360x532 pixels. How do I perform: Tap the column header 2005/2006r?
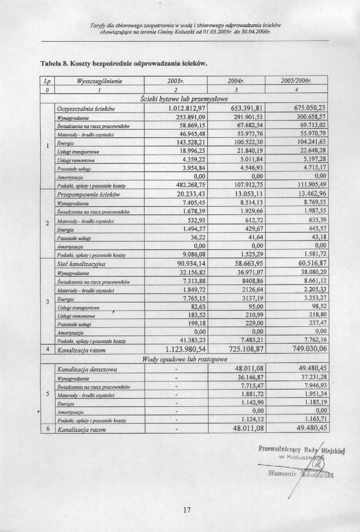(x=296, y=82)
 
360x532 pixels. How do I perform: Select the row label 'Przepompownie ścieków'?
(x=88, y=195)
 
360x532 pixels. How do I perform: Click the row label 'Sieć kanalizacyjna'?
(x=81, y=264)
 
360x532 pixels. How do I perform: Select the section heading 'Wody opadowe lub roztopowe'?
(x=185, y=359)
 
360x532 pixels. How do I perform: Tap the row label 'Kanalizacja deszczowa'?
(x=87, y=369)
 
